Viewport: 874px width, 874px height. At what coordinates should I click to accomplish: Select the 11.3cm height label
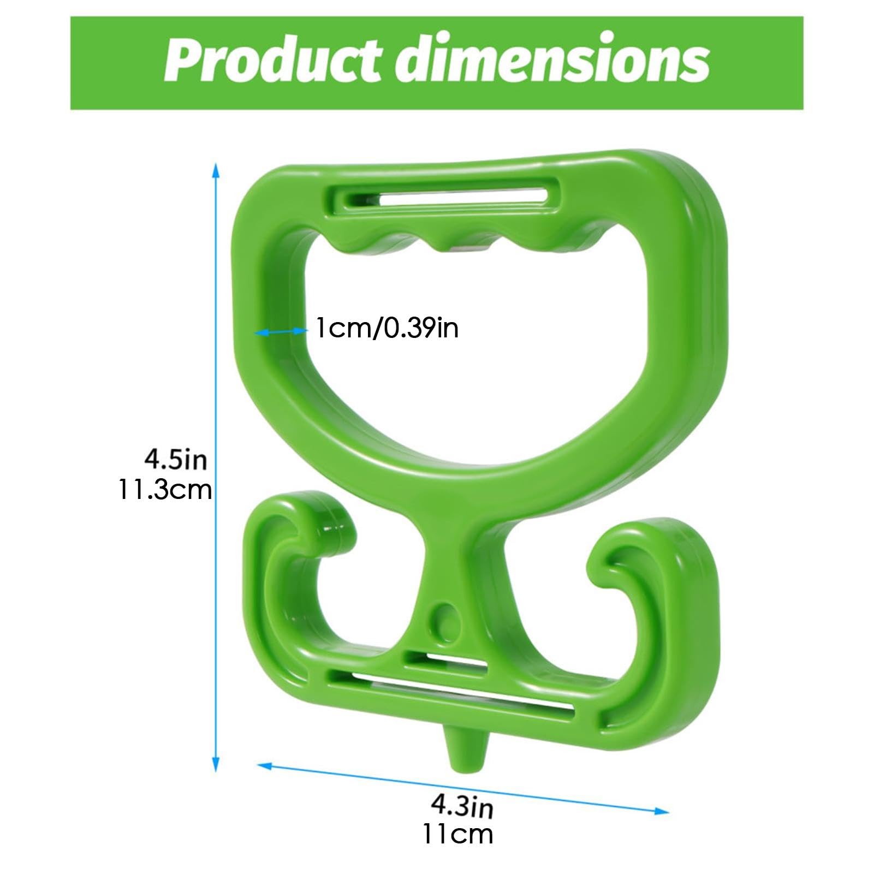165,489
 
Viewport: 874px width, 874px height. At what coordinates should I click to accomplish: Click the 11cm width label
457,834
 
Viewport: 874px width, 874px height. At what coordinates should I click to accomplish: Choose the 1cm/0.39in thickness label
387,329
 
